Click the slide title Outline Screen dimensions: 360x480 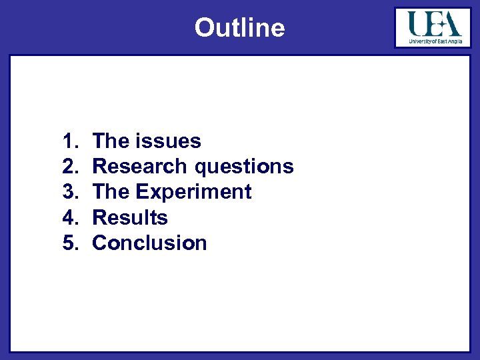[x=239, y=28]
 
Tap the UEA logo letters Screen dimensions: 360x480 [x=434, y=25]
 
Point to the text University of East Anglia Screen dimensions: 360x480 [x=434, y=41]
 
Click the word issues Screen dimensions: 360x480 [x=168, y=141]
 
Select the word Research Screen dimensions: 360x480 [x=141, y=167]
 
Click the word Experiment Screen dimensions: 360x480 [x=193, y=193]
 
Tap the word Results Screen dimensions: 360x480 [x=130, y=217]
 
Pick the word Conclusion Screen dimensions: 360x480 [x=149, y=243]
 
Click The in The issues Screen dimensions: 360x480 [x=111, y=141]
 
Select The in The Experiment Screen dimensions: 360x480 [x=111, y=192]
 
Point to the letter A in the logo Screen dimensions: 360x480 [x=451, y=25]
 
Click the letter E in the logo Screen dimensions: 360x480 [x=435, y=25]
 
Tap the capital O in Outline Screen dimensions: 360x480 [x=203, y=28]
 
